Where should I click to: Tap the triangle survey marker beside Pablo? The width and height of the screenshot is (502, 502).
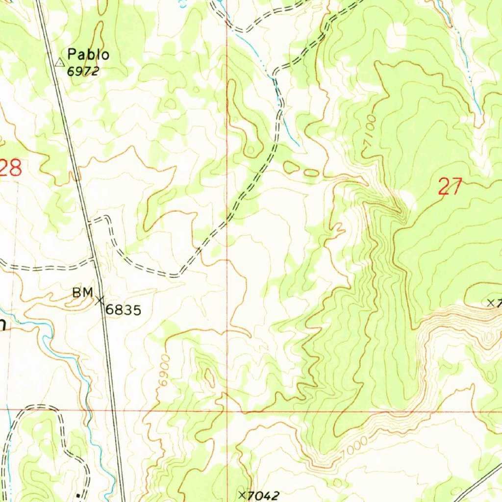[60, 62]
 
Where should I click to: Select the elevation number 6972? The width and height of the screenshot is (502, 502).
[83, 71]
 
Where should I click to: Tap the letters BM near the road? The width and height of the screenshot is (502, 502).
[82, 293]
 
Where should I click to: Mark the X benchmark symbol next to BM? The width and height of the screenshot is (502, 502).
[100, 299]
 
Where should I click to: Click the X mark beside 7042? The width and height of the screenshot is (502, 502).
[242, 494]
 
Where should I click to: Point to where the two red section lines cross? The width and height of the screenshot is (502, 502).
[227, 411]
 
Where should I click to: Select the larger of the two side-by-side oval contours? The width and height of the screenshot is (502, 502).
[292, 168]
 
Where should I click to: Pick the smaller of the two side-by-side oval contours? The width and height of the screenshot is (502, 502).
[311, 173]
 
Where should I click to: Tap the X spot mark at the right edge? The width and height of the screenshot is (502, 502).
[491, 302]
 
